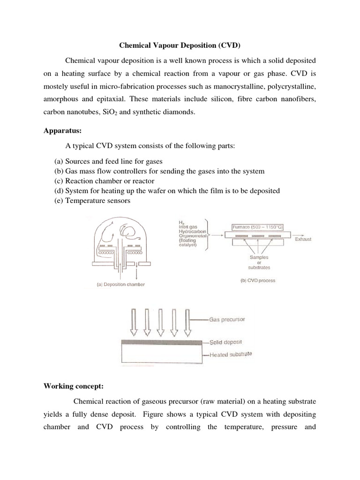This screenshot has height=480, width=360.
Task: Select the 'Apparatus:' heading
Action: tap(60, 132)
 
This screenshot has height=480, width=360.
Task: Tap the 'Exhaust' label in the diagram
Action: tap(303, 240)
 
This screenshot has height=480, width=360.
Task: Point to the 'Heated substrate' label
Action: tap(230, 355)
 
